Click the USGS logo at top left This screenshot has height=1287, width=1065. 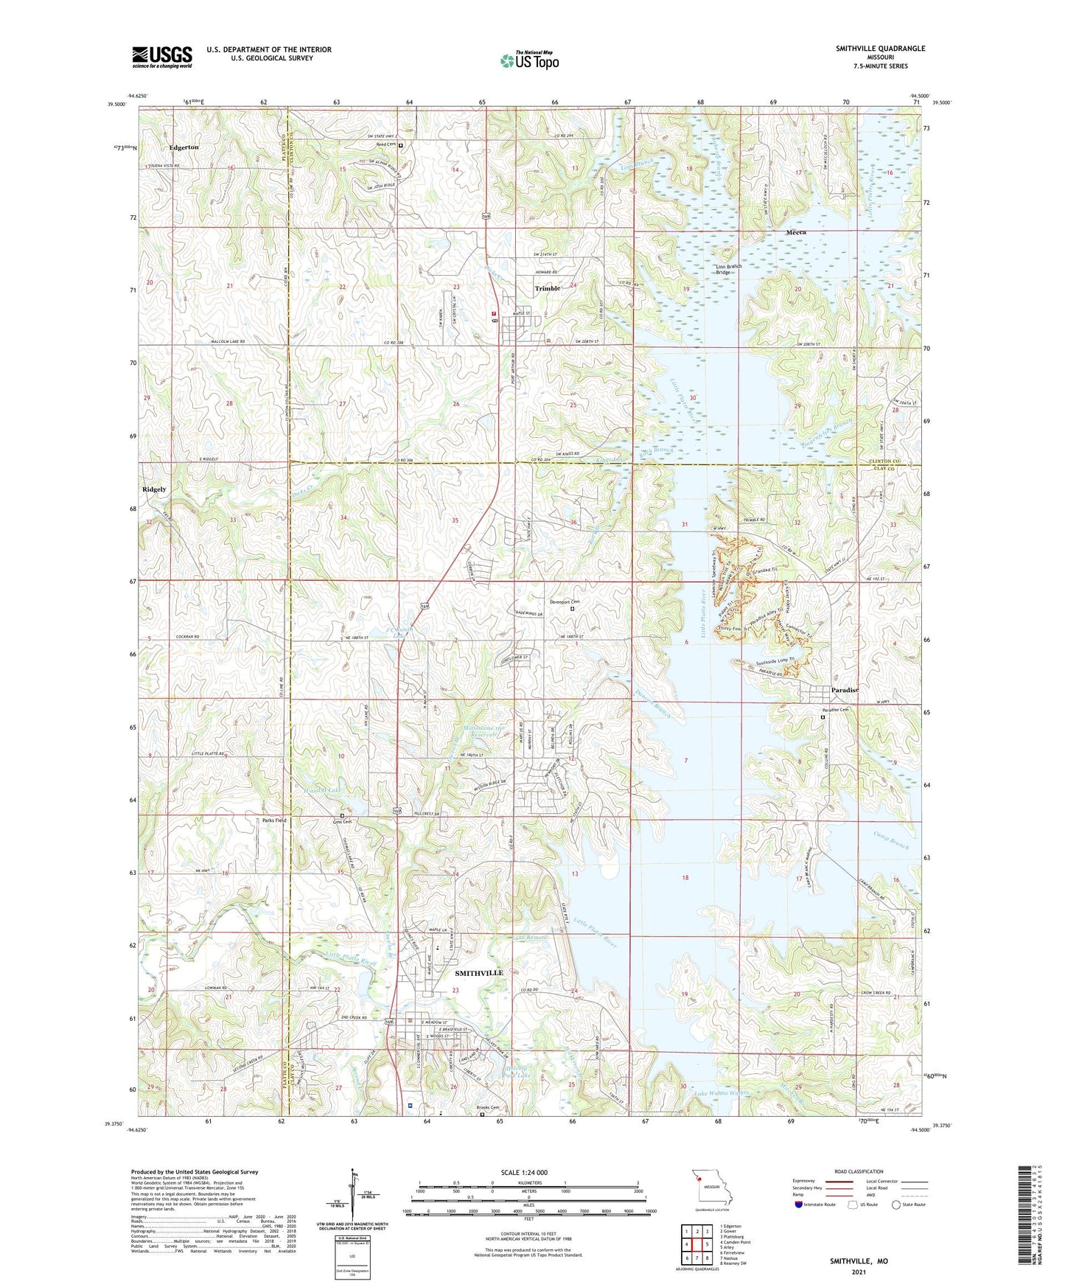point(161,56)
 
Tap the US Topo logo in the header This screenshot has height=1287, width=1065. point(528,60)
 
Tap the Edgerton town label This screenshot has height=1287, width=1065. point(184,147)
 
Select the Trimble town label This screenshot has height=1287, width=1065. point(548,288)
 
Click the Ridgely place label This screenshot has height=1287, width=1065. point(154,489)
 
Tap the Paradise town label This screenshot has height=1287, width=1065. point(845,690)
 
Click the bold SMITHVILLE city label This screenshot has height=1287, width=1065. point(478,973)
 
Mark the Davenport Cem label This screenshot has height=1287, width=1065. point(563,602)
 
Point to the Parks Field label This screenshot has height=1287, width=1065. point(269,820)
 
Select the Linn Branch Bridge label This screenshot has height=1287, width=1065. point(728,269)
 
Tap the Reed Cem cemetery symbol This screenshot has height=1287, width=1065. point(401,146)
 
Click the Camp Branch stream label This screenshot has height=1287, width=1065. point(891,841)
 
